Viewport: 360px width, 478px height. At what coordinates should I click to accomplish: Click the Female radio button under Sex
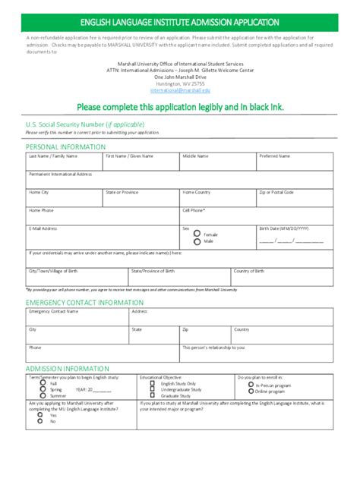(197, 234)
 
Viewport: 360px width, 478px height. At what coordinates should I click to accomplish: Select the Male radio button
(197, 241)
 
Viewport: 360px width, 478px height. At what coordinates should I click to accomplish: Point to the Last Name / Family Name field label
(52, 156)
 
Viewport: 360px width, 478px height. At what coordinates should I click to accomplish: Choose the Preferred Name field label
(274, 156)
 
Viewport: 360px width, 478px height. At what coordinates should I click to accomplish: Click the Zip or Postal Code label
(276, 192)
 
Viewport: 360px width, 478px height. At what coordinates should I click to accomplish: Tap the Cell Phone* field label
(194, 209)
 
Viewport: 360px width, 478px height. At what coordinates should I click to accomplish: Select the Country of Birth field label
(249, 270)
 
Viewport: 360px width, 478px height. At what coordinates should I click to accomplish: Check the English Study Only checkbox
(153, 384)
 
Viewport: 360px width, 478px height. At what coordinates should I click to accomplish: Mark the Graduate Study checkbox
(153, 396)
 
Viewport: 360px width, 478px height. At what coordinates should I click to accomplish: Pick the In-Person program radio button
(251, 385)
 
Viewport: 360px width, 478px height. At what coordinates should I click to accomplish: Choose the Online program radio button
(251, 392)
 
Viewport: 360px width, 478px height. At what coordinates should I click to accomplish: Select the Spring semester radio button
(44, 390)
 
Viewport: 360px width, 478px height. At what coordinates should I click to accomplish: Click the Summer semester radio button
(44, 396)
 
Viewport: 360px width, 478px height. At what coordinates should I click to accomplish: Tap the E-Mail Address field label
(43, 228)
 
